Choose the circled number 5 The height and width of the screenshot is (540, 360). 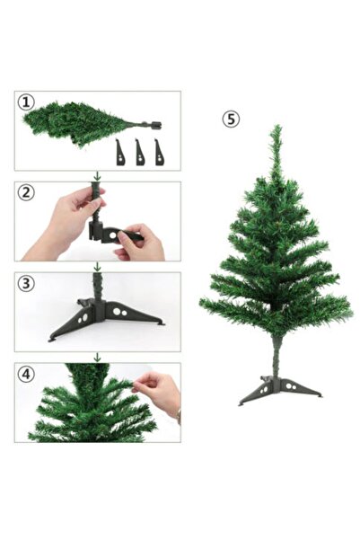(232, 119)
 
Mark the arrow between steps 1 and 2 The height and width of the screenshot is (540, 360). (97, 176)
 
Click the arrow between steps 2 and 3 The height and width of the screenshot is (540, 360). (97, 267)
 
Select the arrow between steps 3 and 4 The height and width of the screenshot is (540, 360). (97, 358)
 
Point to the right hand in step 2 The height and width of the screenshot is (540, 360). (144, 243)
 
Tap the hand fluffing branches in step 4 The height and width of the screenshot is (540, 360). (160, 392)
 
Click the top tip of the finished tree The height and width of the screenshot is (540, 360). (276, 128)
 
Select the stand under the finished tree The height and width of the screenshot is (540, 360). (278, 390)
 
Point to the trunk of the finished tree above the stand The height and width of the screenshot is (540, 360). (277, 355)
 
